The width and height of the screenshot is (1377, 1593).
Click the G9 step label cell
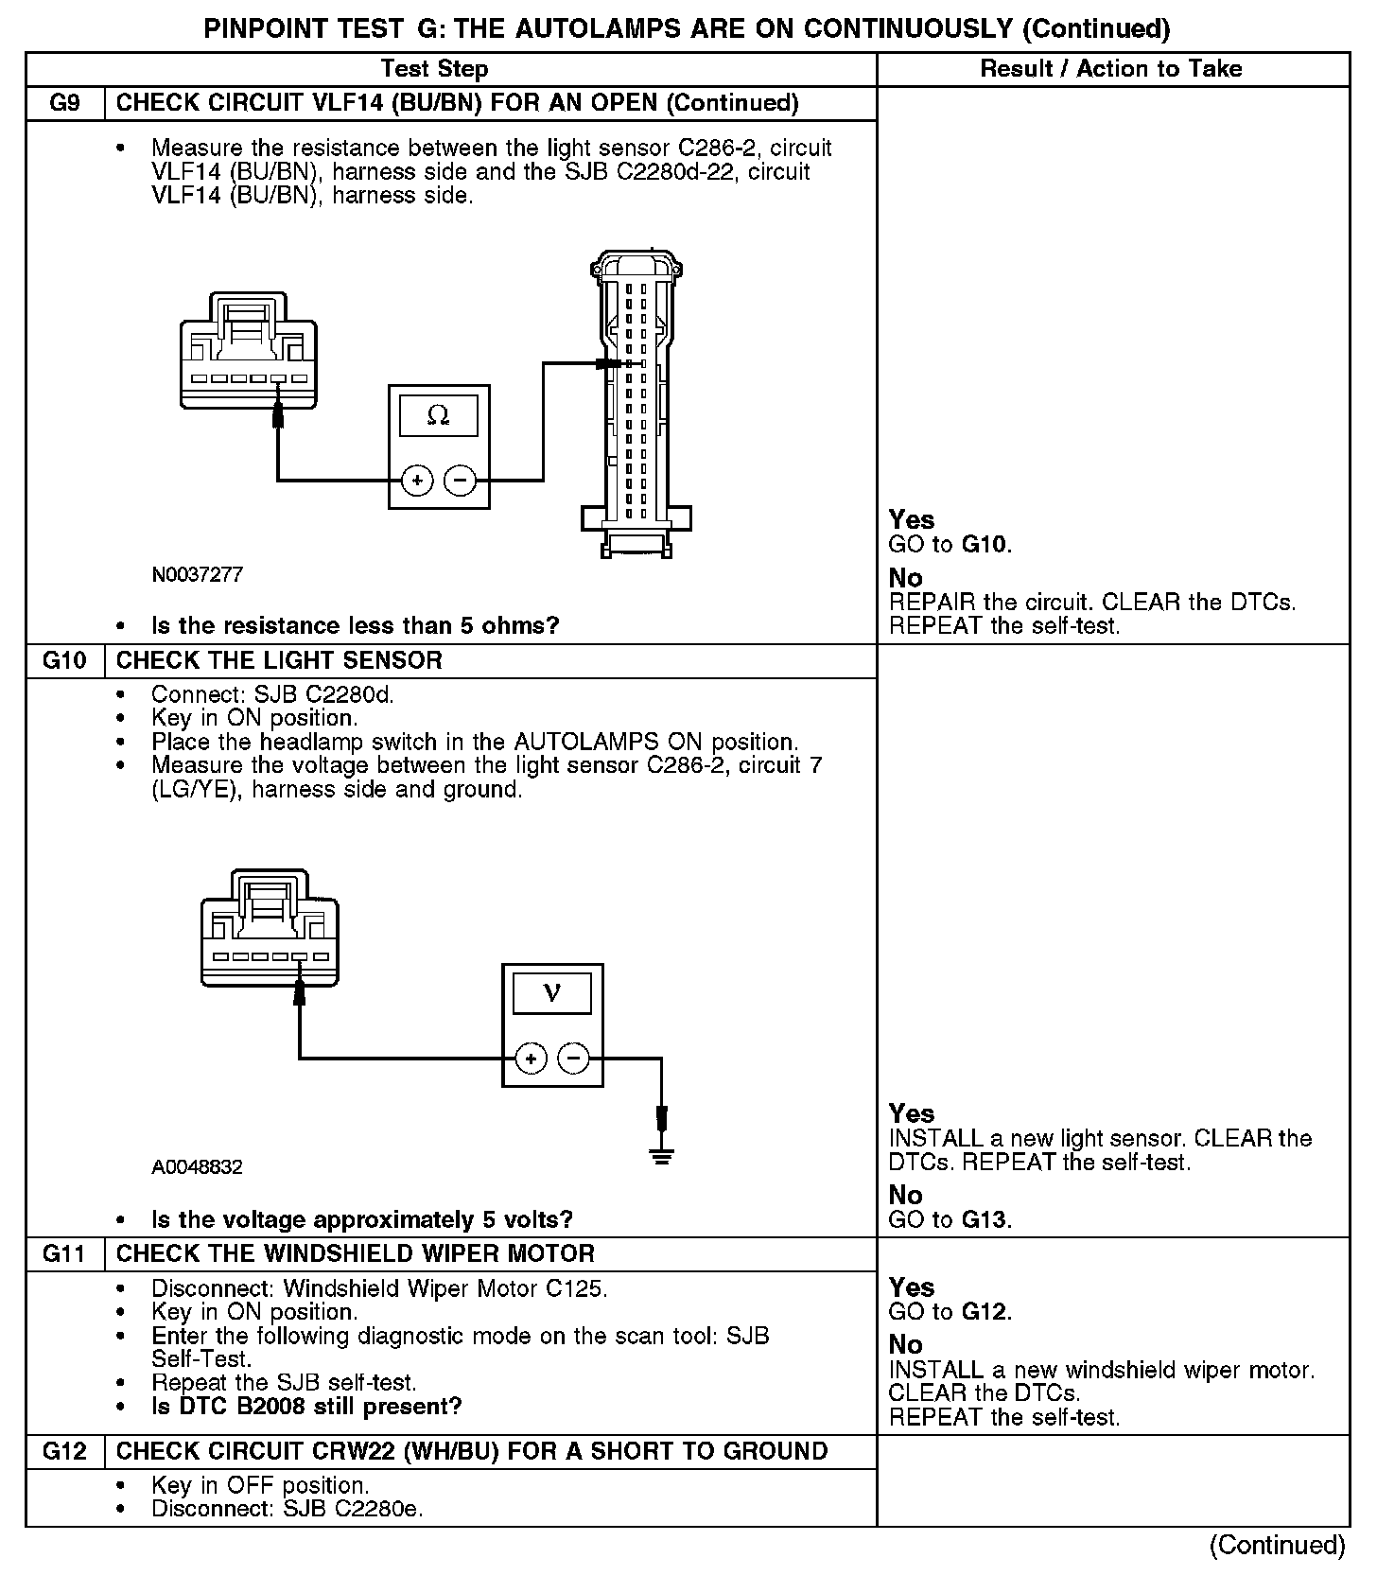64,103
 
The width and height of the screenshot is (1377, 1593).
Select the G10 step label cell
64,660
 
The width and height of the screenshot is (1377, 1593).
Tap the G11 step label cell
64,1254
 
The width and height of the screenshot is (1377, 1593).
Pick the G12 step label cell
64,1451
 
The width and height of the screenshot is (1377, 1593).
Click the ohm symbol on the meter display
438,415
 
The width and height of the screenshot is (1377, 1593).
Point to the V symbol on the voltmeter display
552,992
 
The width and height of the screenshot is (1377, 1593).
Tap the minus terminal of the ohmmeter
461,481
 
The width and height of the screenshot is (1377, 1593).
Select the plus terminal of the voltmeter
531,1059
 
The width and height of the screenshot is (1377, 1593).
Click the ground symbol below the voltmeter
662,1154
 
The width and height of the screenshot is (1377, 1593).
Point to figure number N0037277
197,575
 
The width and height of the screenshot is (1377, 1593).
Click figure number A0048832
197,1167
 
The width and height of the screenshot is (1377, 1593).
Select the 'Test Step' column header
435,69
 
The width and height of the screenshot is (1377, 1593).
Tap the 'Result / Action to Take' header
1111,69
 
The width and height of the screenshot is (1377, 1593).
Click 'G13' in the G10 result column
985,1219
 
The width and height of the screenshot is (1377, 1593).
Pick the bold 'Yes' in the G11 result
912,1287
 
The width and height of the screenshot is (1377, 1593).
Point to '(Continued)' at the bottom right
1277,1546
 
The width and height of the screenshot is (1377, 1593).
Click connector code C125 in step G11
578,1288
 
